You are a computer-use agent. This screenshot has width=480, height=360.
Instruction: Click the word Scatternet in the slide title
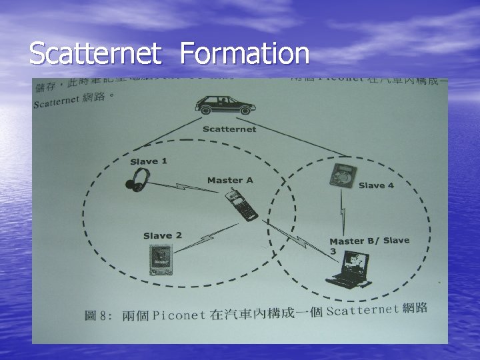coord(95,54)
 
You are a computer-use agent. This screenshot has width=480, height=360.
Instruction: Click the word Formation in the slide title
coord(245,54)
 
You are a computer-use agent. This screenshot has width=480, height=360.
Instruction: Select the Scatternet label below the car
coord(229,129)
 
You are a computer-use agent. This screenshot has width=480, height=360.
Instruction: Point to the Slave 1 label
coord(149,161)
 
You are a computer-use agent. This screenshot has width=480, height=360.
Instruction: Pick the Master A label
coord(230,180)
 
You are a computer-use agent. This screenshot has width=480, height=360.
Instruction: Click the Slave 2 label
coord(162,235)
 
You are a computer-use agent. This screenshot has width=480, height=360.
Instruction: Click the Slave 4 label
coord(376,185)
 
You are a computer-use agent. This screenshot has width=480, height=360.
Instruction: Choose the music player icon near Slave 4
coord(343,175)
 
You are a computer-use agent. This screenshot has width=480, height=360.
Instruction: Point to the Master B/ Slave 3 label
coord(368,244)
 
